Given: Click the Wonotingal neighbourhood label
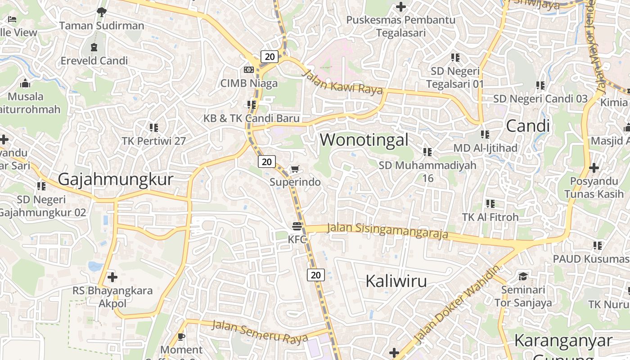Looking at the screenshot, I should click(x=364, y=140).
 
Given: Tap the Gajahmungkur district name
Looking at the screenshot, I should click(x=116, y=180).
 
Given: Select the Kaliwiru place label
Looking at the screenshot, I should click(x=396, y=281).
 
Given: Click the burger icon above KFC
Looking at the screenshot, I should click(x=297, y=226).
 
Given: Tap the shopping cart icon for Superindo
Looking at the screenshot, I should click(x=295, y=169).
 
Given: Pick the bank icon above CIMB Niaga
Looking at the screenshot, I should click(x=248, y=70).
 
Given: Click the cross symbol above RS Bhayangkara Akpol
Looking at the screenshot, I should click(x=112, y=277).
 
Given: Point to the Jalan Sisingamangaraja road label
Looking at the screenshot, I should click(x=387, y=230).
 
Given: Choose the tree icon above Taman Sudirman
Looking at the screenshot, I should click(x=102, y=12).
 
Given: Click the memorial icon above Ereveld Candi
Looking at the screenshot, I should click(x=94, y=47).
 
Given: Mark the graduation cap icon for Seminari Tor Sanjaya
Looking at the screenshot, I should click(x=523, y=276).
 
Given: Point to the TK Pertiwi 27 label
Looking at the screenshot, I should click(x=153, y=141).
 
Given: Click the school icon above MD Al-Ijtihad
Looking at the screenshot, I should click(x=485, y=134).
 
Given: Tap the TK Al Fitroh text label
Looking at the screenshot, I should click(x=490, y=217).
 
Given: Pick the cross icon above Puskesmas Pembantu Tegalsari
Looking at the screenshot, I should click(x=400, y=7).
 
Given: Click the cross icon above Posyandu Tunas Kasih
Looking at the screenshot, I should click(x=594, y=168).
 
